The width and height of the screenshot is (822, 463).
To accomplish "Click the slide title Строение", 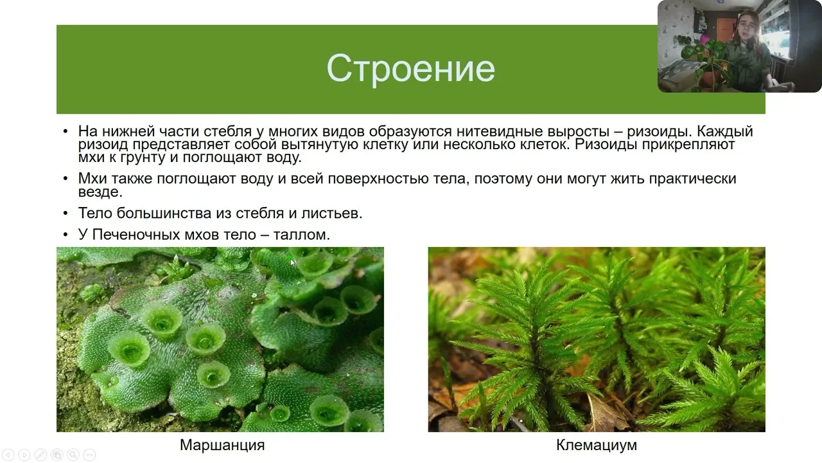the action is [410, 68].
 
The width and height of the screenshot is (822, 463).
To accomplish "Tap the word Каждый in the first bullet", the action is [725, 131].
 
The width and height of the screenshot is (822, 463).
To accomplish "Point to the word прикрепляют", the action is [688, 145].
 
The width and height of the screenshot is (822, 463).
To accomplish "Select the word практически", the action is [693, 179].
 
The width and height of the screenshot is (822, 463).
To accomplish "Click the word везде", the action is [100, 192].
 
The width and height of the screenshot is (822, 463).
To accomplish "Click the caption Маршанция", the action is [222, 446].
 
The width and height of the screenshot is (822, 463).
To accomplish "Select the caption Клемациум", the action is [597, 446].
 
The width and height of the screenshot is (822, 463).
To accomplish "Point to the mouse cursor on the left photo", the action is [292, 263].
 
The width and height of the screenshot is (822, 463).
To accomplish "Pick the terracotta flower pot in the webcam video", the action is [709, 80].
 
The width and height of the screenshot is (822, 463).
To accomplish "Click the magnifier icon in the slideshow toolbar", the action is [73, 455].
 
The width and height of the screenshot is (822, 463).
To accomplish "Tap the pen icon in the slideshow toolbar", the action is [40, 455].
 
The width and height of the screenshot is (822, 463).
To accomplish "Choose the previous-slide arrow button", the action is [8, 455].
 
